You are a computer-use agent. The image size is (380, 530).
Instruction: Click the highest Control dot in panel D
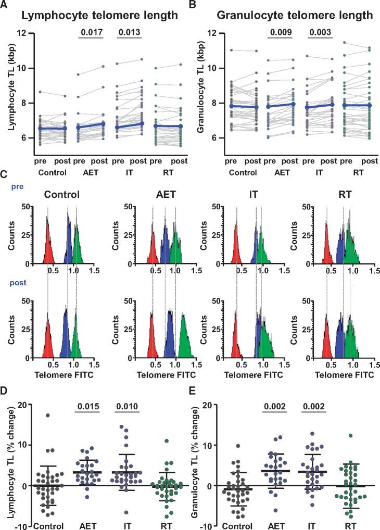pyautogui.click(x=47, y=415)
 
